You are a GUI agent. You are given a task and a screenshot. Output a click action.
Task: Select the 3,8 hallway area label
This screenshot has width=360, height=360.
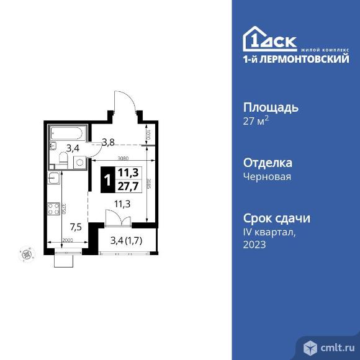pyautogui.click(x=108, y=142)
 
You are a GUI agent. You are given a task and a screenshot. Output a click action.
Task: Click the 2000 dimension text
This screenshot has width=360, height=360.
pyautogui.click(x=67, y=241)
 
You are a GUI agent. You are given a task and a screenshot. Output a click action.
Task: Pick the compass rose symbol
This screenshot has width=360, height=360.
pyautogui.click(x=26, y=253)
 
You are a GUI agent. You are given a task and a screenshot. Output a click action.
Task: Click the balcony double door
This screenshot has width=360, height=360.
pyautogui.click(x=117, y=220)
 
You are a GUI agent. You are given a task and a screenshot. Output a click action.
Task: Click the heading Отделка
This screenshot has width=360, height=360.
pyautogui.click(x=268, y=163)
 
